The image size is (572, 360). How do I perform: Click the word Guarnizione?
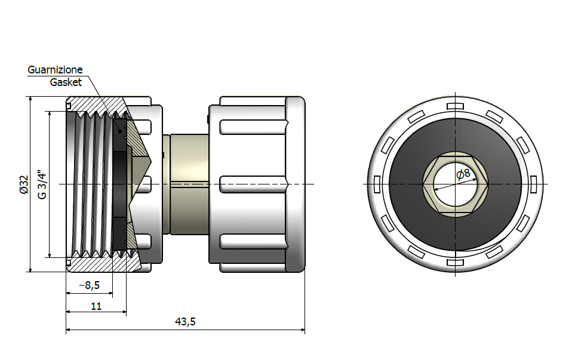pyautogui.click(x=55, y=70)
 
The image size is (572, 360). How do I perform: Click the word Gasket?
pyautogui.click(x=66, y=82)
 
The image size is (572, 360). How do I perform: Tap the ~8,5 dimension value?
pyautogui.click(x=89, y=285)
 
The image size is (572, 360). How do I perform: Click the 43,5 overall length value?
pyautogui.click(x=185, y=322)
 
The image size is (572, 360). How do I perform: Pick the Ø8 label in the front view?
pyautogui.click(x=463, y=175)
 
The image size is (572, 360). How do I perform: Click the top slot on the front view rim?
pyautogui.click(x=455, y=106)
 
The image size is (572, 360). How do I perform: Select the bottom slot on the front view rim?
pyautogui.click(x=455, y=262)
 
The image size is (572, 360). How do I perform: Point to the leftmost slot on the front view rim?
pyautogui.click(x=377, y=184)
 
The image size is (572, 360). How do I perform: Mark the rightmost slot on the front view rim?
pyautogui.click(x=533, y=184)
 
